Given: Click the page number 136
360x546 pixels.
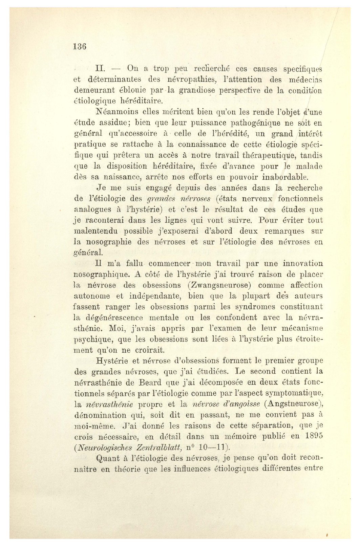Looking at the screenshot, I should pos(80,47).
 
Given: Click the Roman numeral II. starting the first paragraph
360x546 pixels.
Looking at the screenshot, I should pos(102,69).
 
